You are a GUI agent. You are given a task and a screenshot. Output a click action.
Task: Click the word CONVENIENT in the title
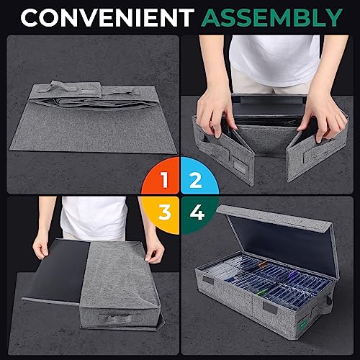(107, 17)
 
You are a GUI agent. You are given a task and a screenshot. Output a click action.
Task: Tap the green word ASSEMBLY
(271, 17)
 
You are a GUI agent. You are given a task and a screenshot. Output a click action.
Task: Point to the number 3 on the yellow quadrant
(165, 212)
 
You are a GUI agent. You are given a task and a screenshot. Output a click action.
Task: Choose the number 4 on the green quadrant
(197, 212)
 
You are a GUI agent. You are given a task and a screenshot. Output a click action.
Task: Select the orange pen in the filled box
(263, 264)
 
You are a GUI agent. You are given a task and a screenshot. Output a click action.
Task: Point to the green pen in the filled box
(261, 293)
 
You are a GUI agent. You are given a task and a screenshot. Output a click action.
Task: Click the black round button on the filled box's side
(329, 301)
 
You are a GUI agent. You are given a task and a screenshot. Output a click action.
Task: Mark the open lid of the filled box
(279, 239)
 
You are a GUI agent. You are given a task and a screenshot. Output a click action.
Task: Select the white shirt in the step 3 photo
(94, 217)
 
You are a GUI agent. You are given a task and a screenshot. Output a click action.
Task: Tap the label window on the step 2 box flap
(240, 166)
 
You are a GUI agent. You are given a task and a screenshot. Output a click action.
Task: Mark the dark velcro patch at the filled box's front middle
(270, 307)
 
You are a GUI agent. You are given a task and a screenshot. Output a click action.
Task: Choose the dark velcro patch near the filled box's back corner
(207, 279)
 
